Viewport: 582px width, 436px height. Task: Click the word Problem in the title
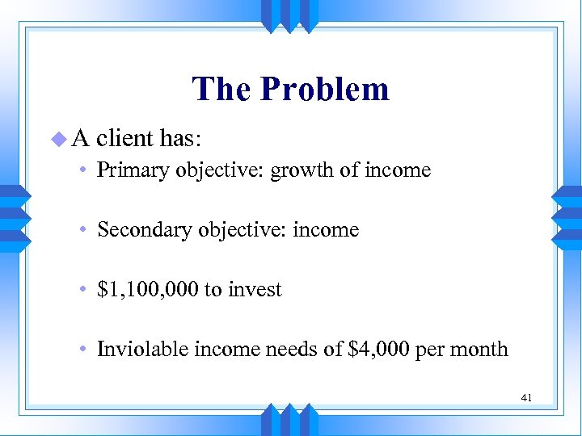336,90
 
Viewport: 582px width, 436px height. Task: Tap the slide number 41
525,397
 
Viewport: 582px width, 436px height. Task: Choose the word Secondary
139,230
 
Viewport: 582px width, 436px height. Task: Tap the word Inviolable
137,350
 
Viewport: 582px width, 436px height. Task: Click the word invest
255,290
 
